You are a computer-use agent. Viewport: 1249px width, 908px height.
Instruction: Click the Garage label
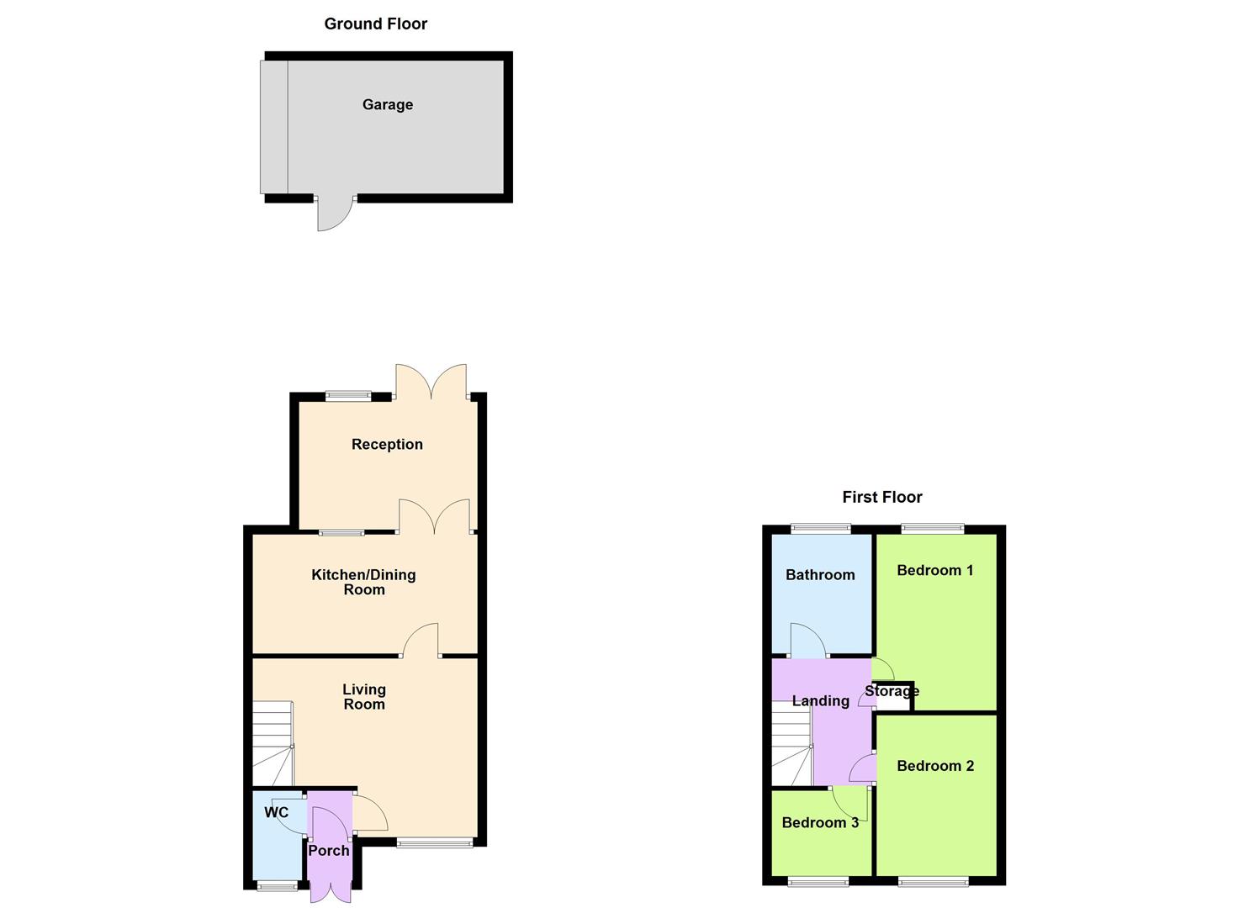coord(387,105)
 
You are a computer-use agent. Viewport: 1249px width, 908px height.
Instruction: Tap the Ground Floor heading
coord(375,24)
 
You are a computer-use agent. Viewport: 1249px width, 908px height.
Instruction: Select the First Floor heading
coord(881,498)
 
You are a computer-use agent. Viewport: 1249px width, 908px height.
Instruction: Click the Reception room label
coord(387,445)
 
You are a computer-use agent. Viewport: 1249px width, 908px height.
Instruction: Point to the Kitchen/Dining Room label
coord(363,582)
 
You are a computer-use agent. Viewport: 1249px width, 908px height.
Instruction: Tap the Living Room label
coord(363,697)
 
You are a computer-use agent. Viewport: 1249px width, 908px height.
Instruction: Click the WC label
coord(276,812)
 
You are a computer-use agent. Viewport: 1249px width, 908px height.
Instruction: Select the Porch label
coord(328,851)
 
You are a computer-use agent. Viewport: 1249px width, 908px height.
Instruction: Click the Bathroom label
coord(819,575)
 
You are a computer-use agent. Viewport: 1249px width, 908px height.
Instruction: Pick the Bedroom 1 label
coord(934,571)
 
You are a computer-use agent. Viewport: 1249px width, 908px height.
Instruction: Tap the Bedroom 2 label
coord(934,766)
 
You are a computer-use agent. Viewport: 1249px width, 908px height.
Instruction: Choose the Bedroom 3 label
coord(819,823)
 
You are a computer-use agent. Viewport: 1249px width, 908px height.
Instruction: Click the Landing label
coord(820,701)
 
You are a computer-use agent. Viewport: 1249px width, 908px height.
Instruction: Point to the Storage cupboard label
coord(892,692)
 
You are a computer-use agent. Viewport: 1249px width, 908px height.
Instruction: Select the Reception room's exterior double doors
coord(431,381)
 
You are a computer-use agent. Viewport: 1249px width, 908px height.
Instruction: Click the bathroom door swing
coord(807,641)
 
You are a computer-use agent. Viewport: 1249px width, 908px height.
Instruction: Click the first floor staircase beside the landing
coord(791,744)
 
